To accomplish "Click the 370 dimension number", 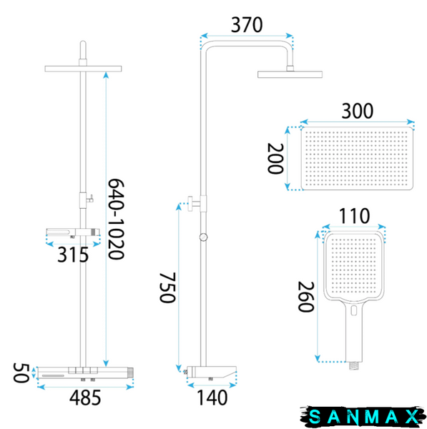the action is coord(247,25).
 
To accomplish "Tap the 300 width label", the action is coord(357,111).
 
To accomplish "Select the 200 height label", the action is coord(275,159).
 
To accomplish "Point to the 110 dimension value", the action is coord(355,216).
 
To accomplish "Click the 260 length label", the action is coord(305,297).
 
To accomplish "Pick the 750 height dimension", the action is coord(167,287).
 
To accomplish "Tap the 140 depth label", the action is coord(212,398).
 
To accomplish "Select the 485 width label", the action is coord(85,398).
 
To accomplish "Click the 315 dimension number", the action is coord(73,255).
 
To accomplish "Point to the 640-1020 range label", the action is coord(116,220).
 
